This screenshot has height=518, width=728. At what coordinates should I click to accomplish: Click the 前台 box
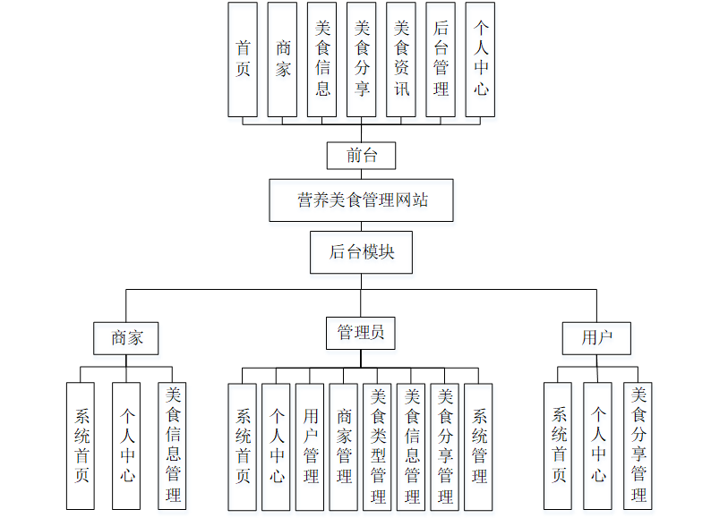[362, 156]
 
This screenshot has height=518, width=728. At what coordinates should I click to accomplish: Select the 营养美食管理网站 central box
[361, 200]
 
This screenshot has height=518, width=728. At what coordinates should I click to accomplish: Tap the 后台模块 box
[361, 252]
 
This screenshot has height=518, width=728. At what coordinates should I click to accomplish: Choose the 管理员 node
[361, 333]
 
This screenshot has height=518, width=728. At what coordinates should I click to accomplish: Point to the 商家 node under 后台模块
[126, 337]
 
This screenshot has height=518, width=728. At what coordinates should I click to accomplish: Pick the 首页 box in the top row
[243, 59]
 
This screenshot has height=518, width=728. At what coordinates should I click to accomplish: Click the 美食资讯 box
[401, 59]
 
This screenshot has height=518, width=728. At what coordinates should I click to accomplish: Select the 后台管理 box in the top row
[441, 59]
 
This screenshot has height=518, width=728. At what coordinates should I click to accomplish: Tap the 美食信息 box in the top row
[322, 59]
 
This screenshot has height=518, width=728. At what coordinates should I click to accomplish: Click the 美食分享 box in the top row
[362, 59]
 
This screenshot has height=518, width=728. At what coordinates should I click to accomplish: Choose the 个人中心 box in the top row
[480, 59]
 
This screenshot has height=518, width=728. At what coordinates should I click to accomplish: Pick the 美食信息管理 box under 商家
[173, 446]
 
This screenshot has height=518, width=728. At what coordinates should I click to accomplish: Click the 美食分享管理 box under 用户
[638, 446]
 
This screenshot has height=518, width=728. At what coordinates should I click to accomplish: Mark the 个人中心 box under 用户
[598, 446]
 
